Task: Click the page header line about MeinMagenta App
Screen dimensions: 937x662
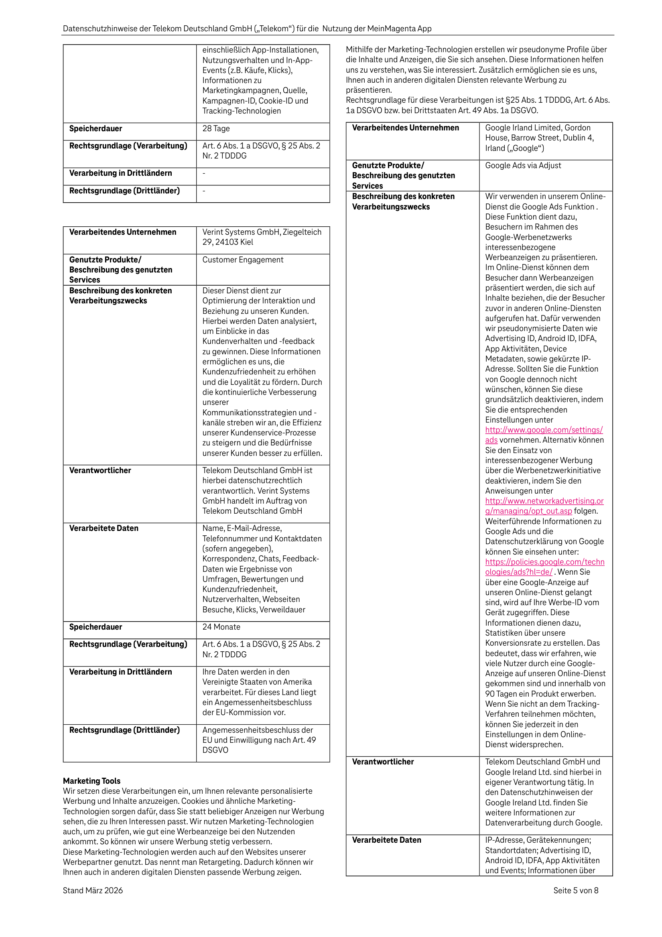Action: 247,28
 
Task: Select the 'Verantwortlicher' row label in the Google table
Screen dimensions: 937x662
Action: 383,762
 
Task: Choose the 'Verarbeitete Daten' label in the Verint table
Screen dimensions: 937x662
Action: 104,528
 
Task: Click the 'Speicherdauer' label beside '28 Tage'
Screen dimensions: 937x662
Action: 95,128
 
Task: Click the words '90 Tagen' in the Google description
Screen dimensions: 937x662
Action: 502,694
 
